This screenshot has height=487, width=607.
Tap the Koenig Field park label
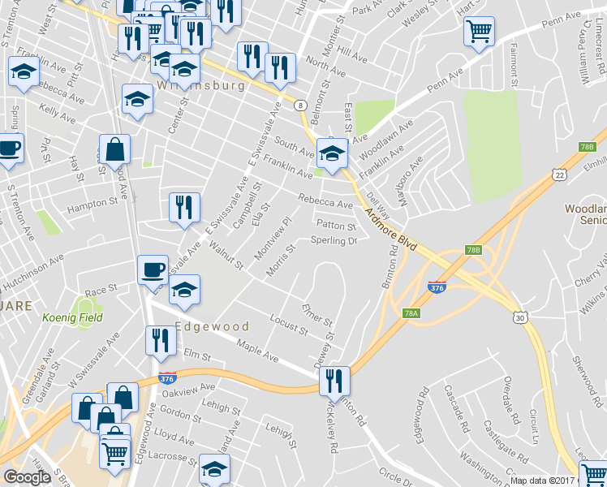73,317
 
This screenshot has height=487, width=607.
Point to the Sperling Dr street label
334,241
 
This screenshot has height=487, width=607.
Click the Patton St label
336,226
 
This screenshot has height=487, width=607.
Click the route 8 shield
300,106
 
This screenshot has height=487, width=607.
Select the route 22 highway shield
559,175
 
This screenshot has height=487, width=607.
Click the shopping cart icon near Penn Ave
479,32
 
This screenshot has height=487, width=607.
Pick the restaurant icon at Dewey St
334,380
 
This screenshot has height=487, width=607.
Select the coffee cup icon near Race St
153,269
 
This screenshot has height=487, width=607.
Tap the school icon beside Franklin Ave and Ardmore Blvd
331,153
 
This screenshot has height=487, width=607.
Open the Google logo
27,477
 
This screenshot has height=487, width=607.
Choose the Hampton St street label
93,204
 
